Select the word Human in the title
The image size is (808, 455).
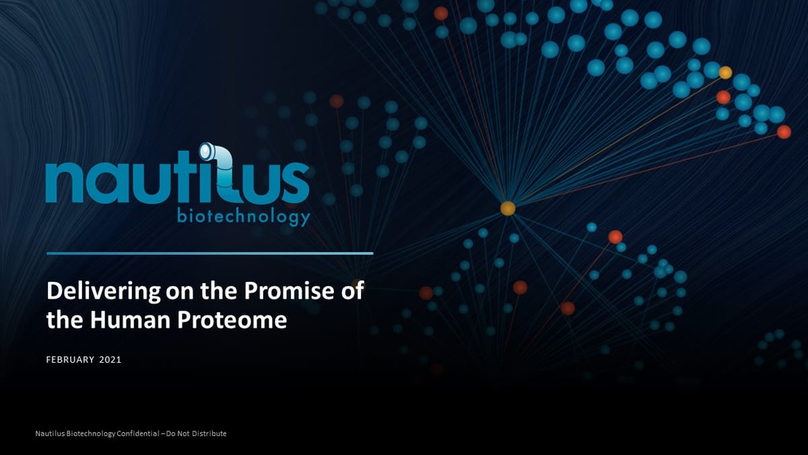(131, 320)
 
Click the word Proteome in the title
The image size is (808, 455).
(232, 320)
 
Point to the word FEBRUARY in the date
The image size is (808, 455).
(70, 360)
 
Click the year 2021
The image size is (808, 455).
(110, 360)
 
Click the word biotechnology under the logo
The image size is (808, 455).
(243, 216)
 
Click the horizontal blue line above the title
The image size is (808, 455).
(209, 253)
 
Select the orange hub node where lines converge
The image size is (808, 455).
(508, 208)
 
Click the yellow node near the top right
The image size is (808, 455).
(725, 73)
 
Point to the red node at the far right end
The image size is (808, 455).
(784, 132)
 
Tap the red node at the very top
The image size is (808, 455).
(441, 13)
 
